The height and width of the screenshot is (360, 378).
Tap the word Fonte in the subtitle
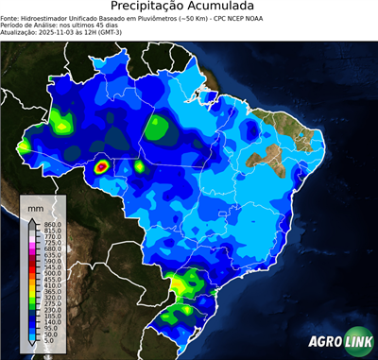coord(11,17)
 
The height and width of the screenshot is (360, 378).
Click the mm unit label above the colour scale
coord(35,206)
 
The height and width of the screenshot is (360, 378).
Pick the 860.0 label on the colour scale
coord(52,223)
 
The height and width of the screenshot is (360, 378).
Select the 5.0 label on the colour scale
coord(50,343)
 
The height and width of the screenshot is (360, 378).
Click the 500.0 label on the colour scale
coord(52,273)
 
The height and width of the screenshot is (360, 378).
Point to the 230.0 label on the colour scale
coord(52,308)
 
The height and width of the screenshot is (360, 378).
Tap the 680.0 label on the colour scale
coord(52,251)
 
